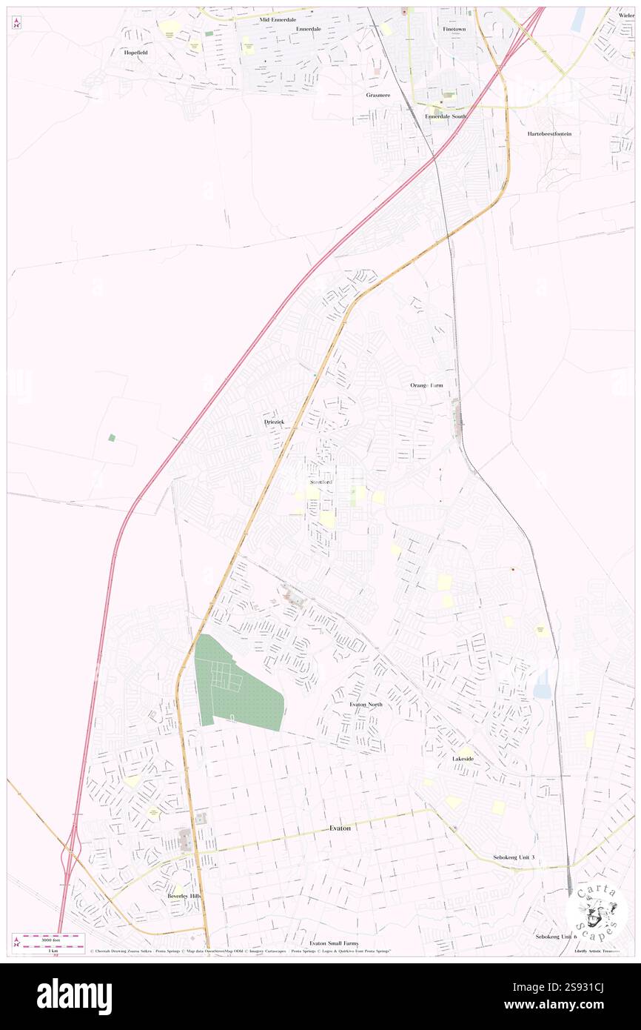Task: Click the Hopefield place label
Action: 135,53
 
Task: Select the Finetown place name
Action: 454,29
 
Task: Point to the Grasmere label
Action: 377,95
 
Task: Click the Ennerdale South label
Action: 446,116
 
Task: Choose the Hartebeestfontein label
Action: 549,133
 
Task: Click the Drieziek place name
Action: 275,422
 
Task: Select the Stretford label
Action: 321,482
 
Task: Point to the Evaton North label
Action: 366,704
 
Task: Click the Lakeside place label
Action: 463,759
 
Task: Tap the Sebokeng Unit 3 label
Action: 514,857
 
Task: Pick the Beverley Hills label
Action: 184,896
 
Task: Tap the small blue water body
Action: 542,683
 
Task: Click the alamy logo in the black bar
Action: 74,996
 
